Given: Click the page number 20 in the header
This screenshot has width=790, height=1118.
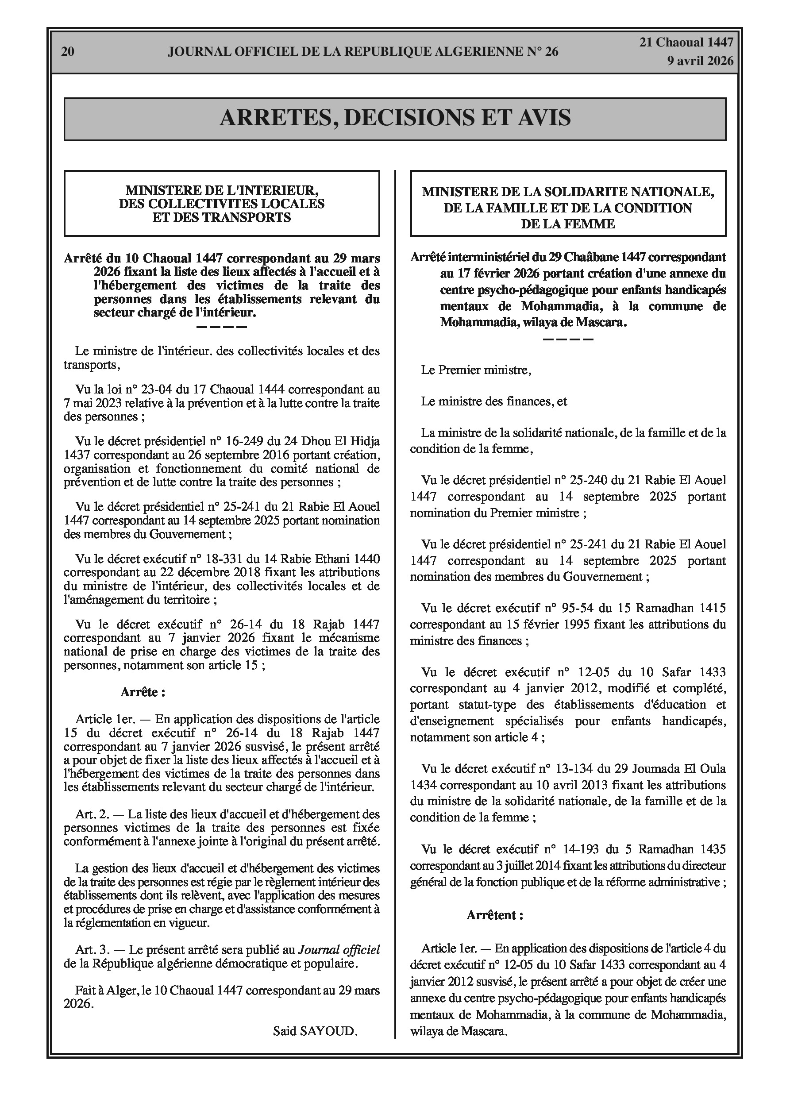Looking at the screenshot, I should tap(68, 52).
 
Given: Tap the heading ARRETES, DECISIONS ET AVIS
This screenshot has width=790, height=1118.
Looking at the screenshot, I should tap(395, 118).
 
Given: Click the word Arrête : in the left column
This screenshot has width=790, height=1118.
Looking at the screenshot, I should tap(143, 692).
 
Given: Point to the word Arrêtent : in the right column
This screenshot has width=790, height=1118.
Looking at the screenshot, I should tap(495, 915).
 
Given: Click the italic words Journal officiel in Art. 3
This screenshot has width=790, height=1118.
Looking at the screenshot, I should tap(339, 949).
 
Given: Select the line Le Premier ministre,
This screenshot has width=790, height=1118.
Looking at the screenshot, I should tap(476, 370).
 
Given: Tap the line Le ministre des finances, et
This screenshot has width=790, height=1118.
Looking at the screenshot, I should tap(494, 402).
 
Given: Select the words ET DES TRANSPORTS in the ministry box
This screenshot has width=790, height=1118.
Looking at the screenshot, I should tap(222, 217).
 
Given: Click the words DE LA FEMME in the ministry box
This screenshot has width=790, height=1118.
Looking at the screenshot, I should tap(568, 224).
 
